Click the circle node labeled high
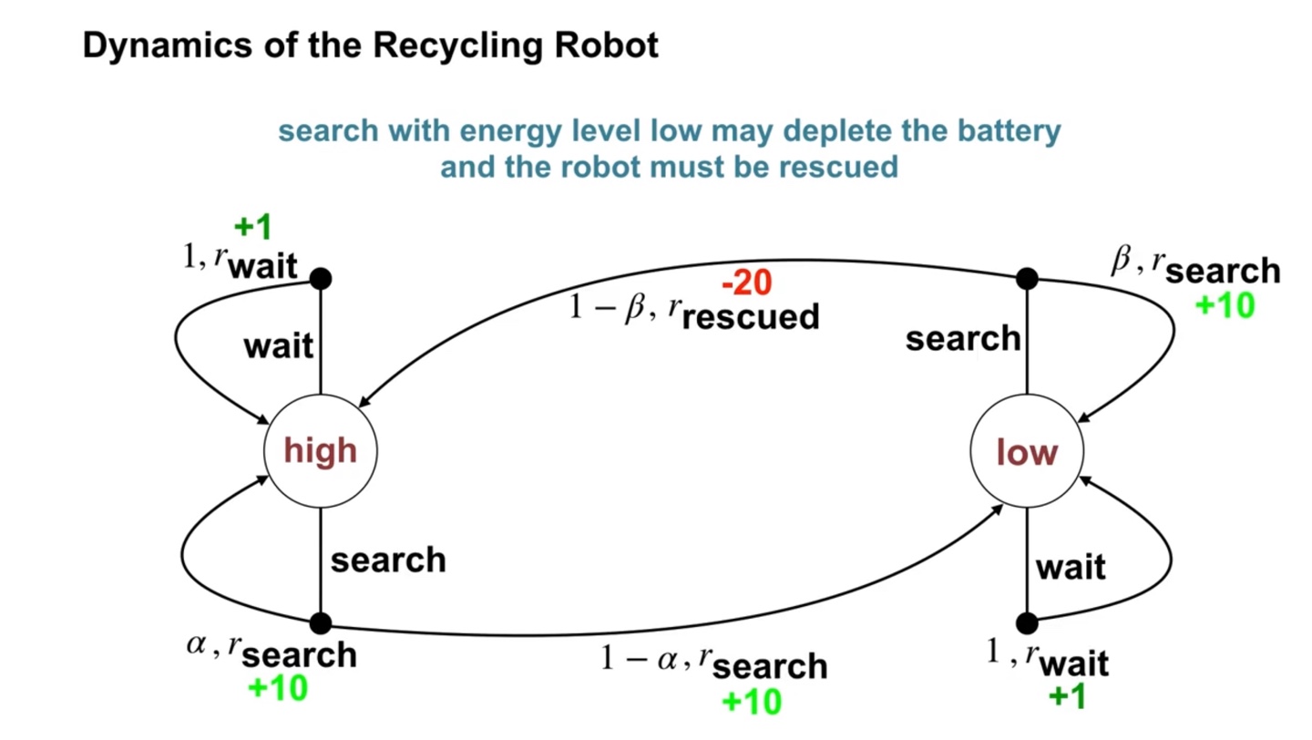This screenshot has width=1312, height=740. point(320,450)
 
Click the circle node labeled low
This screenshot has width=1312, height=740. point(1027,450)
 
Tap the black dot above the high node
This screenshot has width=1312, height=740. point(320,278)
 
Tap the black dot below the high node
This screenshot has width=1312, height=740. point(320,623)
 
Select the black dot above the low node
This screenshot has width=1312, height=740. point(1027,278)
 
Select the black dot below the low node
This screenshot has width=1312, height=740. point(1027,623)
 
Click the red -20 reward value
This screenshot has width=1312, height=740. point(746,283)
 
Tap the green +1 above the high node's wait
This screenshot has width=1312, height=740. point(252,227)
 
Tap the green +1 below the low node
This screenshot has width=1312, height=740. point(1067,696)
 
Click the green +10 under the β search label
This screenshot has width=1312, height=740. point(1225,305)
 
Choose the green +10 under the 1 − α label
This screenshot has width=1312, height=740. point(752,701)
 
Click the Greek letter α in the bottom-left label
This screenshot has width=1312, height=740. point(196,644)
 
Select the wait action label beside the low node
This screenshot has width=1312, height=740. point(1071,567)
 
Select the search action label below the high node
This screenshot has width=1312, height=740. point(388,560)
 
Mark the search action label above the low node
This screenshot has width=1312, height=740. point(962,339)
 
